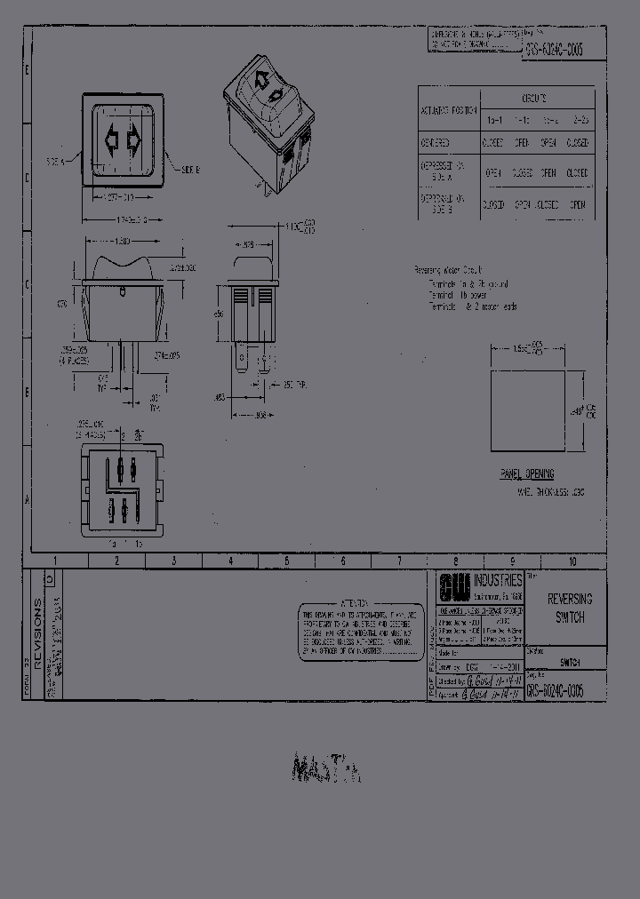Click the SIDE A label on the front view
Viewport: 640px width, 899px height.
pyautogui.click(x=56, y=162)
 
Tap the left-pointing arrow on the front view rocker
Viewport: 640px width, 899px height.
pyautogui.click(x=111, y=139)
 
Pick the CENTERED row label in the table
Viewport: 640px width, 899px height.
pyautogui.click(x=435, y=142)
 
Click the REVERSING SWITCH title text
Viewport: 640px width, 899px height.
pyautogui.click(x=569, y=609)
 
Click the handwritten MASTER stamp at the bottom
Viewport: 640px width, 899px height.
pyautogui.click(x=324, y=768)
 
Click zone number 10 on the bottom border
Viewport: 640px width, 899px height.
pyautogui.click(x=573, y=561)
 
